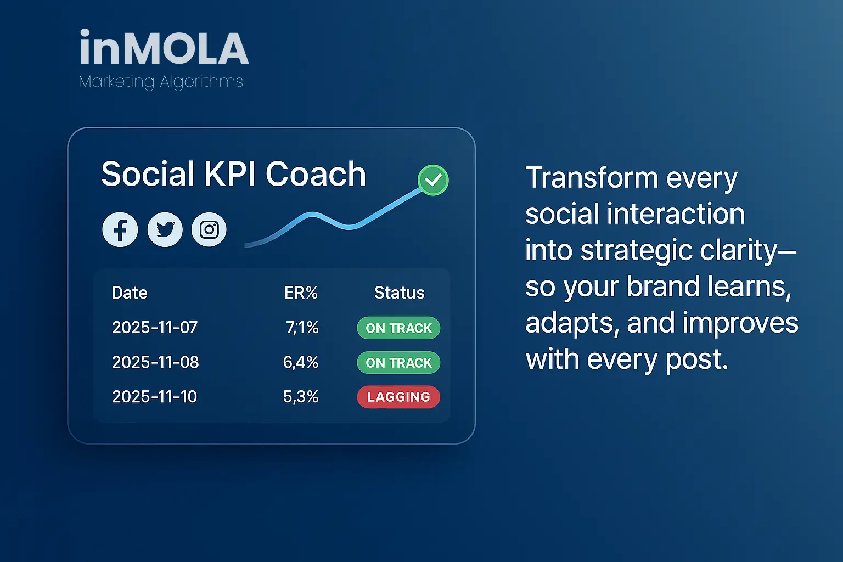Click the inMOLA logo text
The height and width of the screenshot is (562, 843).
(x=164, y=47)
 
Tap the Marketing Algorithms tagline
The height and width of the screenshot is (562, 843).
(x=161, y=82)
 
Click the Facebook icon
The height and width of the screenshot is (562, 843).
(x=120, y=229)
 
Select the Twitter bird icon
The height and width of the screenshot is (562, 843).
(x=165, y=229)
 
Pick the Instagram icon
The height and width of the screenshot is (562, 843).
(x=209, y=229)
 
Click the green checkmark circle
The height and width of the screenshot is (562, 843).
(x=433, y=180)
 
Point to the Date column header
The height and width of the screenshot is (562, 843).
(x=130, y=293)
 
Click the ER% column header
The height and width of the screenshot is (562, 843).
(x=301, y=293)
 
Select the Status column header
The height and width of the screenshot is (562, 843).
(x=400, y=293)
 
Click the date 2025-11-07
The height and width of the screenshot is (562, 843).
(x=155, y=328)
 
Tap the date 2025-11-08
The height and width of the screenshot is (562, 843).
(x=155, y=362)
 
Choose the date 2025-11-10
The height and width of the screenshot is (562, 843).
(x=154, y=397)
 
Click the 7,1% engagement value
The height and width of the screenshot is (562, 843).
(x=302, y=328)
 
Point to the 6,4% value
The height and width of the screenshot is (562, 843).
(x=301, y=362)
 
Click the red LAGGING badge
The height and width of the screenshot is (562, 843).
(x=398, y=397)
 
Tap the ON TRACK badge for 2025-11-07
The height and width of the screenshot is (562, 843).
(x=398, y=328)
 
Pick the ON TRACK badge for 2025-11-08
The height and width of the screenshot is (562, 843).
(x=398, y=362)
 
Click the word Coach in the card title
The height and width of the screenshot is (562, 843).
(x=316, y=174)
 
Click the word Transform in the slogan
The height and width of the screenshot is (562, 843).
(x=592, y=177)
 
